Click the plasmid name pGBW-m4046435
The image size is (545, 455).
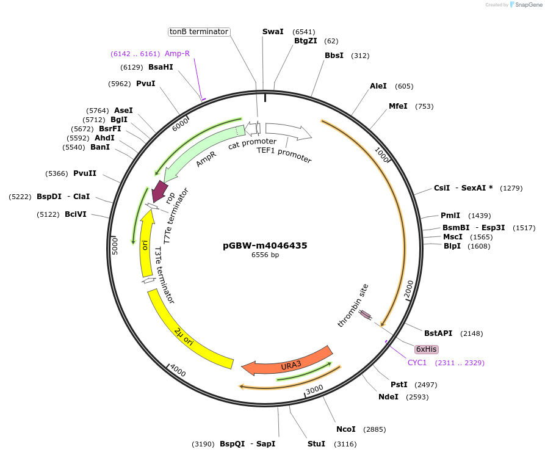265,246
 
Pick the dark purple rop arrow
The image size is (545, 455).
159,191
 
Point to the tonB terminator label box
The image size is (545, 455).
199,32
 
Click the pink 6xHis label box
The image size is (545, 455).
426,349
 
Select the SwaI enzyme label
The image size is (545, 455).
273,32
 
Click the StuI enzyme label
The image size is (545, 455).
316,444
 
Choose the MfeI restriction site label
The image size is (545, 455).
398,106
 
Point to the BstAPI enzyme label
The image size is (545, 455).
438,333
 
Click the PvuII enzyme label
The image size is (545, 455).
85,173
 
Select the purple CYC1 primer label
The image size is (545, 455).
417,363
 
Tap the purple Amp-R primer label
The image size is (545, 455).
177,54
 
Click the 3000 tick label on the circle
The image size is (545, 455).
314,390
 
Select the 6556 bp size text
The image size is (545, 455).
265,255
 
